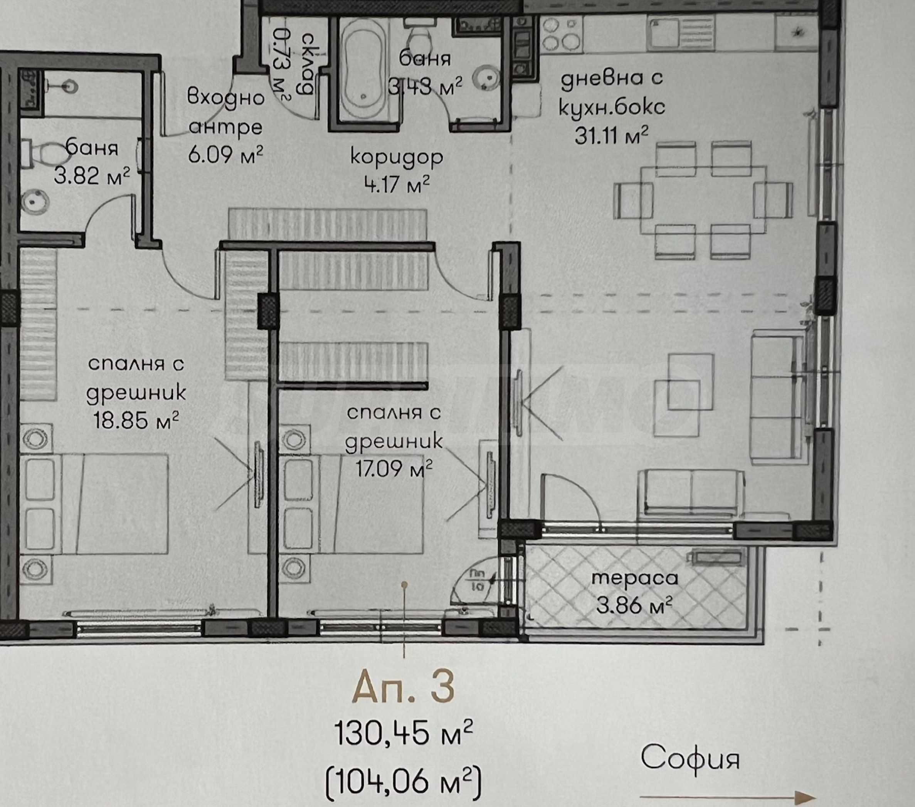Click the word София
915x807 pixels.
click(x=690, y=757)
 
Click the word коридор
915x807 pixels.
click(x=397, y=158)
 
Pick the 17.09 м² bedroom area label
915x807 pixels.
click(x=394, y=469)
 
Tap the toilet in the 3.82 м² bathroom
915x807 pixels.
click(x=45, y=153)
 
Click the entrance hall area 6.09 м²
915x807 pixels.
click(x=225, y=154)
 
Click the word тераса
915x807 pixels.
click(x=635, y=578)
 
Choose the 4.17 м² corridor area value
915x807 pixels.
click(x=397, y=184)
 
